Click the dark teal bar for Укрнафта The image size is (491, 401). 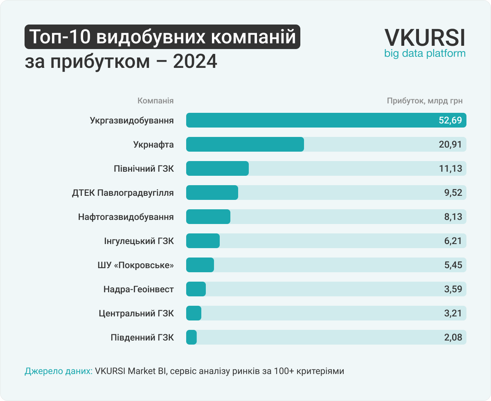[x=245, y=144]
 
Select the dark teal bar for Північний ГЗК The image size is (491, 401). [x=217, y=168]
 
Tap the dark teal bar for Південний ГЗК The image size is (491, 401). [x=191, y=338]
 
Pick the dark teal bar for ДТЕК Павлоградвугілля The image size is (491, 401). [x=212, y=193]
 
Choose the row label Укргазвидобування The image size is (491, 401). [x=132, y=121]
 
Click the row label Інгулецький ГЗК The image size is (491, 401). [x=139, y=241]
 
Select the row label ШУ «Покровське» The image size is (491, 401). [x=133, y=265]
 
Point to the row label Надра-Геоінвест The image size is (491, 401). [x=139, y=289]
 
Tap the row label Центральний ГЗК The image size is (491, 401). [x=136, y=314]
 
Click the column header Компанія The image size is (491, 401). [x=155, y=101]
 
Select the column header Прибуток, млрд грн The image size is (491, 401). [x=425, y=101]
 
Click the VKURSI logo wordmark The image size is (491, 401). [x=425, y=38]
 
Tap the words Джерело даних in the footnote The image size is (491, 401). [x=59, y=371]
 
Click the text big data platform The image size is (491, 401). [x=425, y=54]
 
